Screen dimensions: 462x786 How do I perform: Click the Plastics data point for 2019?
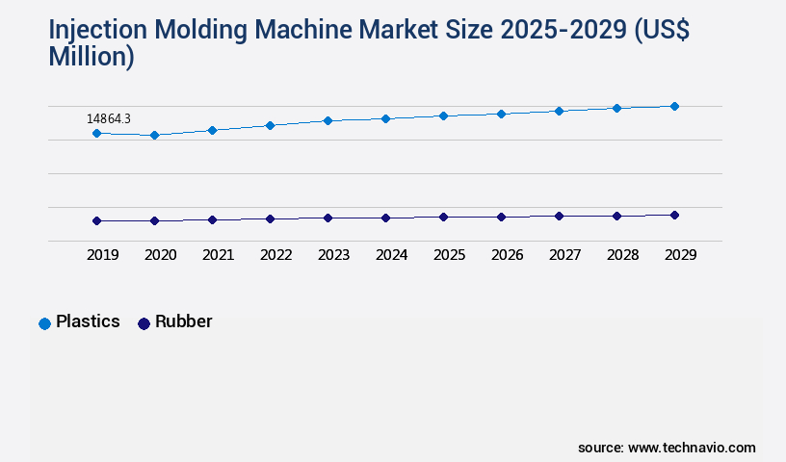[96, 133]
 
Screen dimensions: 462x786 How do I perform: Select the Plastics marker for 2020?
[154, 136]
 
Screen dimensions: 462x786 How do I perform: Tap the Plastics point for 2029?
[674, 106]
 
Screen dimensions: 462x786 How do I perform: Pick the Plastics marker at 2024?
[385, 118]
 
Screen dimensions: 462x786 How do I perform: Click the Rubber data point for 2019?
[96, 220]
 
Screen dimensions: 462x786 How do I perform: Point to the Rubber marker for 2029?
[674, 215]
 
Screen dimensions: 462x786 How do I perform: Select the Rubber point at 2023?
[327, 218]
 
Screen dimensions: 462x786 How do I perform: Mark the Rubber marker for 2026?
[501, 217]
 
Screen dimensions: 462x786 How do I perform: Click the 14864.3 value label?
[109, 118]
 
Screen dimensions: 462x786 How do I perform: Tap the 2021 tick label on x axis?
[218, 255]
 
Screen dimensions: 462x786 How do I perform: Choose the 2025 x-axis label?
[449, 255]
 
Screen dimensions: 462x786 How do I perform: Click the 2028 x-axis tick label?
[622, 255]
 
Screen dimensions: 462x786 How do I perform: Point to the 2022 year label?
[275, 255]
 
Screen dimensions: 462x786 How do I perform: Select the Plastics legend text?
[88, 321]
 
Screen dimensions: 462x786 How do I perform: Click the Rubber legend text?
[183, 321]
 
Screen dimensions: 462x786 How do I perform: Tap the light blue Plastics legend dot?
[44, 323]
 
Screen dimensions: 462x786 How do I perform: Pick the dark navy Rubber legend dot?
[144, 323]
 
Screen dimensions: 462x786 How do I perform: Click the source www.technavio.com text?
[667, 448]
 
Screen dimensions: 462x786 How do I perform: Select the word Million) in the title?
[92, 57]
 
